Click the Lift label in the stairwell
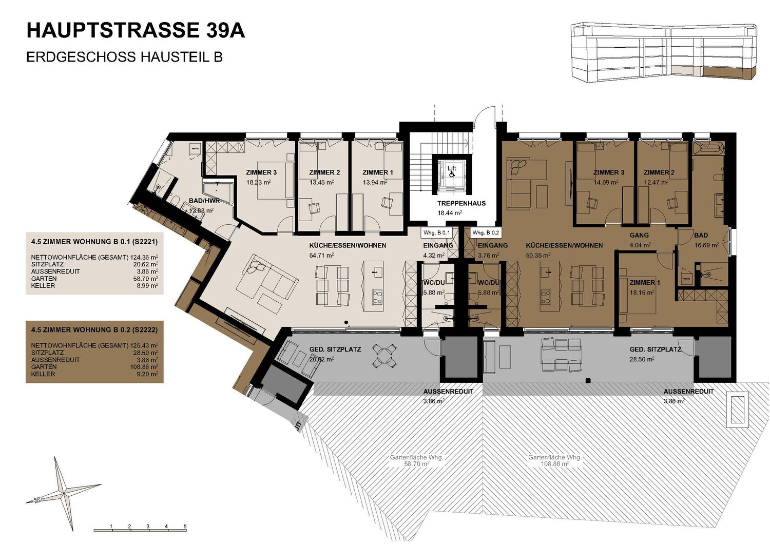[452, 168]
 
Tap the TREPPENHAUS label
[461, 203]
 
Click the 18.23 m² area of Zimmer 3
[258, 182]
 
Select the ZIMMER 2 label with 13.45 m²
[324, 172]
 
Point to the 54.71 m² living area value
[322, 255]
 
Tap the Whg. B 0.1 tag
[436, 232]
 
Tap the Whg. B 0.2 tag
[486, 232]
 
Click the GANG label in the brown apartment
[639, 235]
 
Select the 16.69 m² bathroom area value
[706, 245]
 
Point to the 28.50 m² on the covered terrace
[642, 359]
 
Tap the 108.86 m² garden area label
[554, 463]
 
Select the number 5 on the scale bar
[185, 527]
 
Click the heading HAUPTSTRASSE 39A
[136, 31]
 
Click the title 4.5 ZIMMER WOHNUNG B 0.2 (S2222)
[94, 329]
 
